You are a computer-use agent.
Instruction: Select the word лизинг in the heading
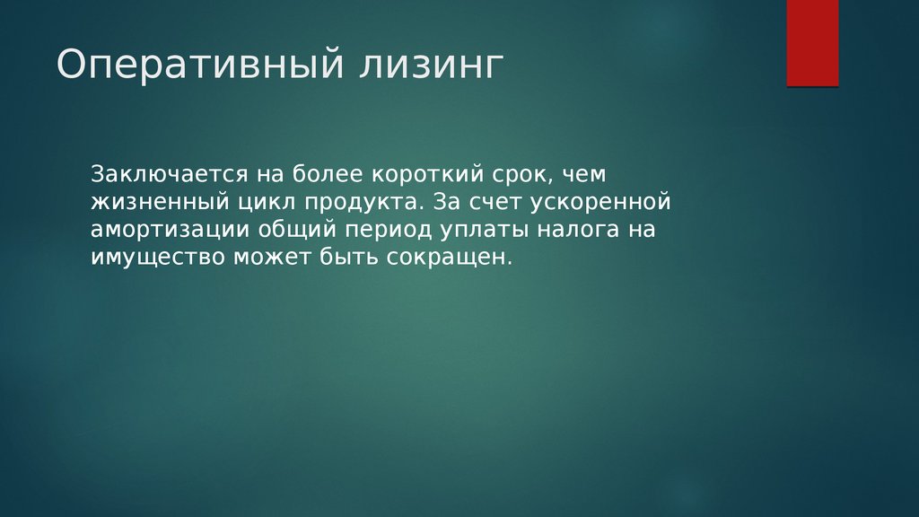click(431, 65)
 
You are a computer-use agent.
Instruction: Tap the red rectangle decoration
click(812, 43)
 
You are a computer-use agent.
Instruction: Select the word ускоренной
click(600, 203)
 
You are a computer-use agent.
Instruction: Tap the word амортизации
click(170, 230)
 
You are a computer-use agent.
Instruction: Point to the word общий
click(298, 229)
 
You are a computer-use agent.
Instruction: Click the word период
click(388, 230)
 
